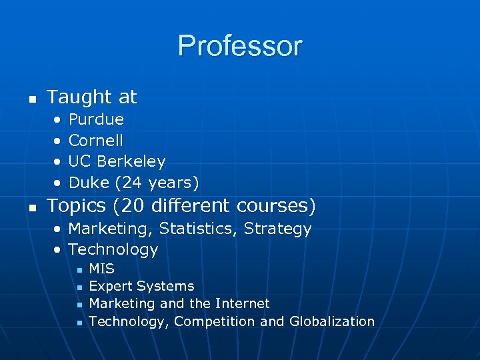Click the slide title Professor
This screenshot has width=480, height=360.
240,46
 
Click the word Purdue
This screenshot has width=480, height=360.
96,120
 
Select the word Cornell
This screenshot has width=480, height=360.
96,141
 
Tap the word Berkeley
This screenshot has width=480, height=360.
131,161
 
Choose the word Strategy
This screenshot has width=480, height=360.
277,229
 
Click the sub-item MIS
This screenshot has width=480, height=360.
101,269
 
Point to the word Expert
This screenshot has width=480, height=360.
111,286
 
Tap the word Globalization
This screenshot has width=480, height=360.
332,321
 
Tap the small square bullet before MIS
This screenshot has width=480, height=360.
79,269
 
